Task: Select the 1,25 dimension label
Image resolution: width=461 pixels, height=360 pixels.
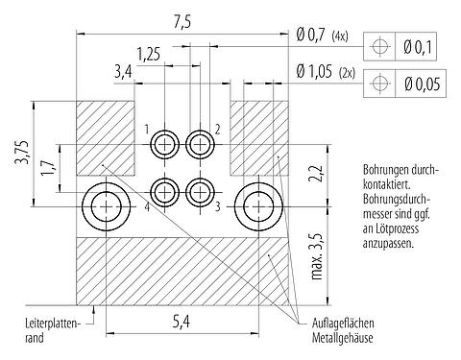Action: [x=147, y=54]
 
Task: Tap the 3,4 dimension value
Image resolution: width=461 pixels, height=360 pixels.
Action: [x=123, y=70]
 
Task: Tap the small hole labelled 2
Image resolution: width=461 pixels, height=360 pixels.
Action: [x=200, y=144]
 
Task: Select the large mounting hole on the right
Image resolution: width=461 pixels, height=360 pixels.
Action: [x=259, y=205]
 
